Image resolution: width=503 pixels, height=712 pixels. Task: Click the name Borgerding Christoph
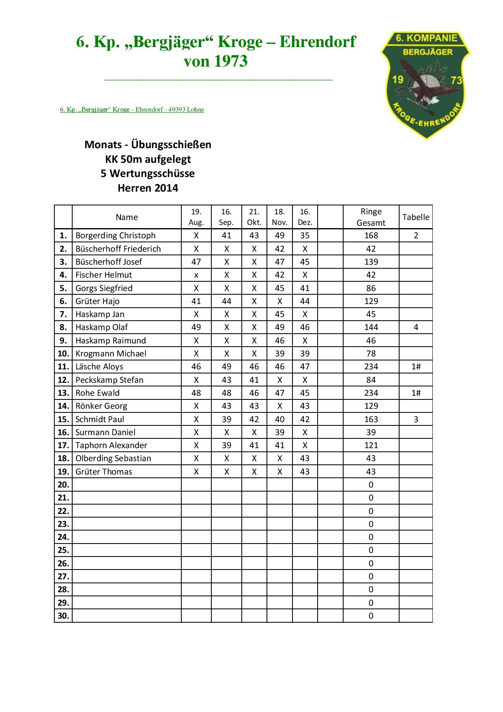pyautogui.click(x=115, y=235)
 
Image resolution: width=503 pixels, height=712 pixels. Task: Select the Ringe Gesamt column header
pyautogui.click(x=371, y=217)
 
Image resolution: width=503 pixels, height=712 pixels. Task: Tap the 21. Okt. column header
pyautogui.click(x=254, y=217)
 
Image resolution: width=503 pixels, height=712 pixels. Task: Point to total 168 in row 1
pyautogui.click(x=371, y=235)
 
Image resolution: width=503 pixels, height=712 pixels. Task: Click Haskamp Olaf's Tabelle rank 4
pyautogui.click(x=415, y=327)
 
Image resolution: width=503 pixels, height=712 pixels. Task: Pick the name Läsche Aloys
pyautogui.click(x=99, y=367)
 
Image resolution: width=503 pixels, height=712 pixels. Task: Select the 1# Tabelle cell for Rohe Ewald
pyautogui.click(x=415, y=393)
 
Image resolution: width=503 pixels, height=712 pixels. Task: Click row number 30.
pyautogui.click(x=63, y=616)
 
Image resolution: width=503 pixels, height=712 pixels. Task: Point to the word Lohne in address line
pyautogui.click(x=195, y=110)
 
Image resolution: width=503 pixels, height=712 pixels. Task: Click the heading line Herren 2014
pyautogui.click(x=148, y=188)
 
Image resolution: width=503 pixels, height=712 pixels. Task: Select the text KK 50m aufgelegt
pyautogui.click(x=148, y=159)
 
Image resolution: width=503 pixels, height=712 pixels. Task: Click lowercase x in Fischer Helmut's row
pyautogui.click(x=196, y=275)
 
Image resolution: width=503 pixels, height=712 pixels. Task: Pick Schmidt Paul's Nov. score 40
pyautogui.click(x=279, y=419)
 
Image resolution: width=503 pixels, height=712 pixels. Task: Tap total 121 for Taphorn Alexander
pyautogui.click(x=371, y=445)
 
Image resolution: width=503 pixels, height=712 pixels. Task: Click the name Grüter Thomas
pyautogui.click(x=103, y=472)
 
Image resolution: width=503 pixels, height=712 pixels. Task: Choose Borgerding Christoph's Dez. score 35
pyautogui.click(x=305, y=235)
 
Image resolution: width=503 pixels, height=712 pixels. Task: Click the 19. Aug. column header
pyautogui.click(x=196, y=217)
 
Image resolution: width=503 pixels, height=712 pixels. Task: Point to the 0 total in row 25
pyautogui.click(x=371, y=550)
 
